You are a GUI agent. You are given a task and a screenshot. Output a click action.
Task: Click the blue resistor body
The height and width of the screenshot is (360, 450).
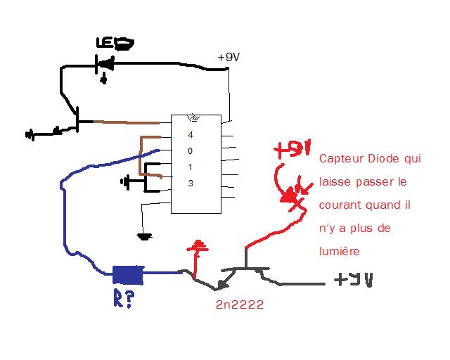(x=128, y=273)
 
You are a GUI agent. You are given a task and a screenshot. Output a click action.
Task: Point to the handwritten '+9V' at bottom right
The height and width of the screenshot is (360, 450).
(x=353, y=279)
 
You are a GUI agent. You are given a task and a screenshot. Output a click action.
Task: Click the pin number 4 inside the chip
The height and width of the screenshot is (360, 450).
(x=190, y=134)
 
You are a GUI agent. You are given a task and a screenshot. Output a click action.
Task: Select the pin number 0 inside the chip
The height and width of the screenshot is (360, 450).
(x=190, y=151)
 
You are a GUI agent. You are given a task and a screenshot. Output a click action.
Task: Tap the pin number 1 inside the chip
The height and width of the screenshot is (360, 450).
(x=190, y=167)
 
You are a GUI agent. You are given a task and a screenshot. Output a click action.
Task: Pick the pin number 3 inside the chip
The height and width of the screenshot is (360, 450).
(x=190, y=184)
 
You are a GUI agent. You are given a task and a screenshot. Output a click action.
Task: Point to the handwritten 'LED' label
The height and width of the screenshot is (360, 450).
(x=114, y=44)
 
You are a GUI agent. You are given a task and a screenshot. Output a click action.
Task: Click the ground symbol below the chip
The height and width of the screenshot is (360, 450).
(x=144, y=236)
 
